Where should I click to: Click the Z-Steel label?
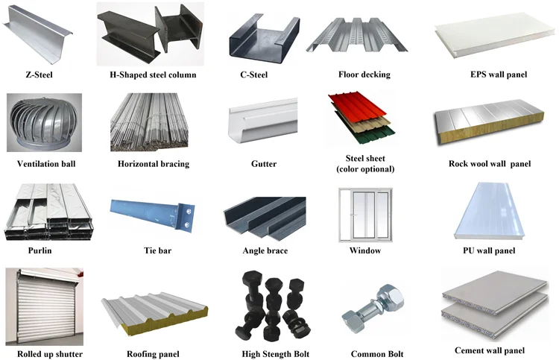[38, 75]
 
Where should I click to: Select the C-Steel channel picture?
[264, 39]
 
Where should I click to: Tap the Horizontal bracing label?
[154, 164]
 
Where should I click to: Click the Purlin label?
[38, 251]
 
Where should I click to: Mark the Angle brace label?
[265, 251]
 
